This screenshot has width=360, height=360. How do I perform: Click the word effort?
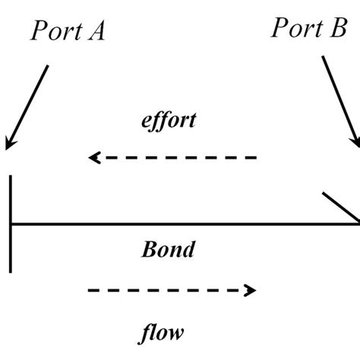[x=169, y=120]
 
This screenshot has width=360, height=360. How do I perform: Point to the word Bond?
[x=168, y=249]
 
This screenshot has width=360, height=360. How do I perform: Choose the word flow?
[x=163, y=332]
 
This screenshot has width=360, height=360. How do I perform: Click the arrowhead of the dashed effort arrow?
[x=94, y=158]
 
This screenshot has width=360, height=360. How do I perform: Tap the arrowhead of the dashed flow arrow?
[x=250, y=290]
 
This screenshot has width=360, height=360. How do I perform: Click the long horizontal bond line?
[x=182, y=224]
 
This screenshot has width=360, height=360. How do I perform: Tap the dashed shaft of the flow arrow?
[x=167, y=290]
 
